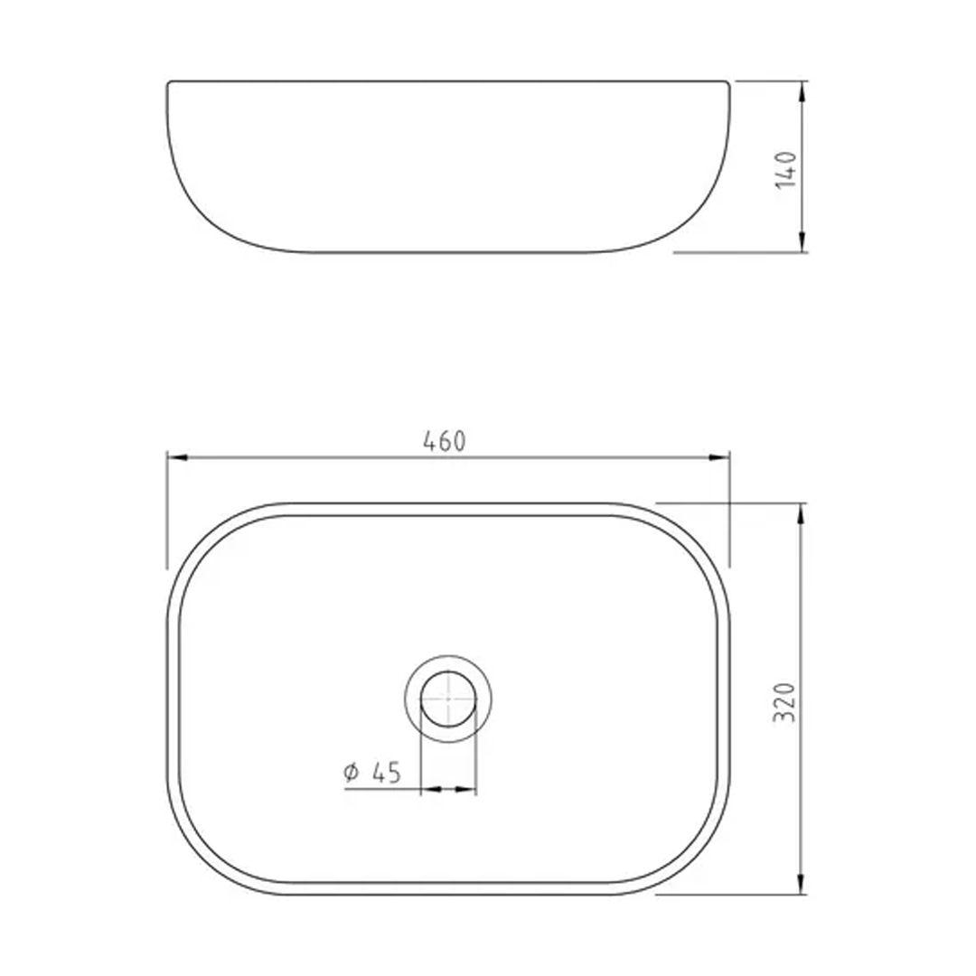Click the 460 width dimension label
pos(444,441)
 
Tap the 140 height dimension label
pos(786,169)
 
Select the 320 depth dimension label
pos(784,702)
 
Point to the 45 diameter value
pos(386,773)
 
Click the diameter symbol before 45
pos(352,773)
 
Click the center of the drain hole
pos(448,699)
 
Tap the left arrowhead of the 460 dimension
pos(177,457)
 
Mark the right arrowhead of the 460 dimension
pos(719,457)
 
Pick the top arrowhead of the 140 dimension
pos(802,91)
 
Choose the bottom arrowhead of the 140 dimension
pos(802,242)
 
